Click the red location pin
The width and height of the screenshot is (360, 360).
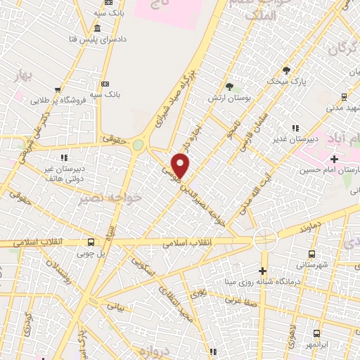[x=181, y=166]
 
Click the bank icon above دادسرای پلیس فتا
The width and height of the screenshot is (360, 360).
[x=96, y=28]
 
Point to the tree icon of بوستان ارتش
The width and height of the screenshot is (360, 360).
[x=229, y=86]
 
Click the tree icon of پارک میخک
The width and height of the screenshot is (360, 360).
[x=286, y=70]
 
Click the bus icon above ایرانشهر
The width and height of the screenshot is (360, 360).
[x=317, y=333]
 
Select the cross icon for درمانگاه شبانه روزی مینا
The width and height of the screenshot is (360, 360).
[x=263, y=271]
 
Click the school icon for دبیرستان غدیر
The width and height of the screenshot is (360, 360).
[x=295, y=128]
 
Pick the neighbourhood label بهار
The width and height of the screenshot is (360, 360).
[x=20, y=76]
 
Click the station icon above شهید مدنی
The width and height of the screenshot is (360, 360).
[x=344, y=98]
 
